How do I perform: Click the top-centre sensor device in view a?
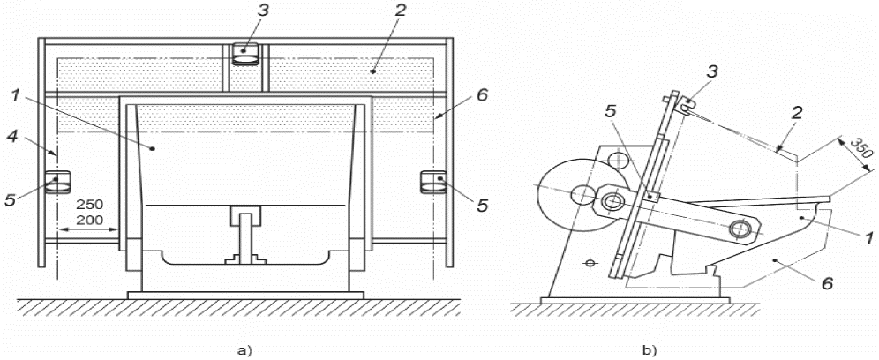coord(244,54)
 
